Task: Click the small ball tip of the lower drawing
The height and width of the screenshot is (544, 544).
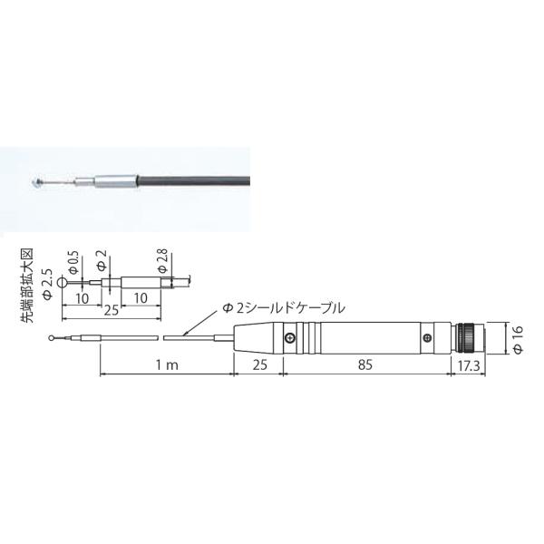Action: tap(53, 340)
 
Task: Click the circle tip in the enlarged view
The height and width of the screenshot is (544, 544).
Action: tap(63, 282)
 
